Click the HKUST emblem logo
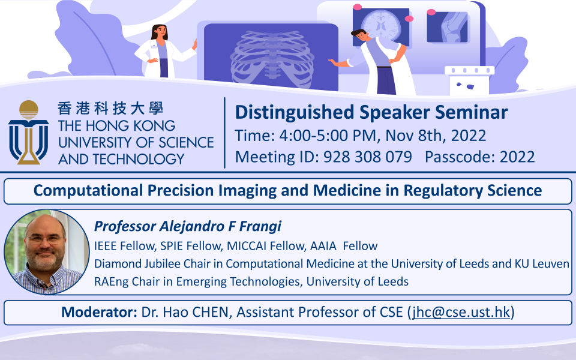click(x=29, y=132)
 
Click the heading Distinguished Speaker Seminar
click(x=371, y=112)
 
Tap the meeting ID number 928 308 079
click(x=367, y=157)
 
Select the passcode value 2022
click(x=517, y=157)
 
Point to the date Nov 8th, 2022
click(x=436, y=136)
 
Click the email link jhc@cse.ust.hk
click(x=461, y=312)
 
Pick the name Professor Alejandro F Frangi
click(x=188, y=226)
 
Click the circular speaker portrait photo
click(x=47, y=252)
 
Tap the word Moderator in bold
click(x=99, y=312)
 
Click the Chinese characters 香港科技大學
click(x=110, y=109)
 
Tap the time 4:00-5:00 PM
click(x=328, y=136)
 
